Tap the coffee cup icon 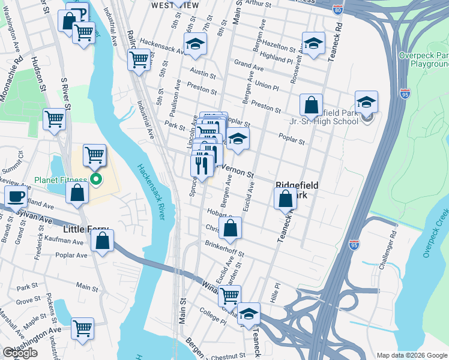tap(16, 196)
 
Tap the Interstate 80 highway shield tap(337, 10)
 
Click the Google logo tap(20, 353)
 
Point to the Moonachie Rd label tap(19, 69)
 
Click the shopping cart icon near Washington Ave tap(82, 328)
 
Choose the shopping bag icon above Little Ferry tap(77, 193)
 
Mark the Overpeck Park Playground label tap(424, 59)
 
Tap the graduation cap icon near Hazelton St tap(313, 43)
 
